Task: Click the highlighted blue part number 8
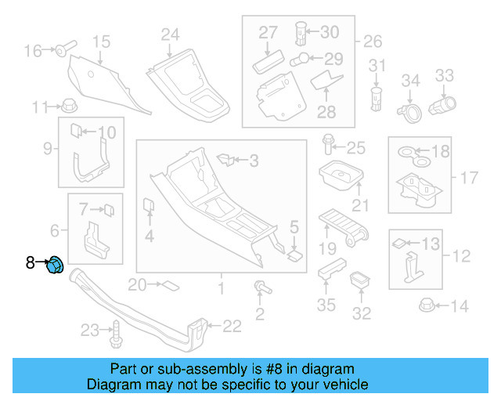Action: [55, 266]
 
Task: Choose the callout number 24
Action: [170, 34]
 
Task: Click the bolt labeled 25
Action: [328, 146]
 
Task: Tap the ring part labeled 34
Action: [409, 111]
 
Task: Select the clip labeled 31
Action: [377, 97]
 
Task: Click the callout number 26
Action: [373, 41]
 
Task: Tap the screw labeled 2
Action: [258, 288]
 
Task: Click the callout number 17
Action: [468, 178]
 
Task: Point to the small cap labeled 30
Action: [299, 34]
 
